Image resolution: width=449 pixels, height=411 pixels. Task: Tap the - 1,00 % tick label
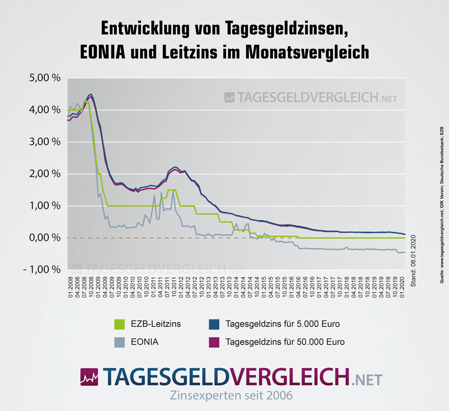tap(42, 270)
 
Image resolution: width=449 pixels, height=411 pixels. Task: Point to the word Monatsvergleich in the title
tap(307, 52)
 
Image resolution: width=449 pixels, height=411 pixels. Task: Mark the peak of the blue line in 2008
tap(91, 94)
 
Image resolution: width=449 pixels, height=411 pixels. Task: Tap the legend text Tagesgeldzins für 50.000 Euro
tap(285, 342)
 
